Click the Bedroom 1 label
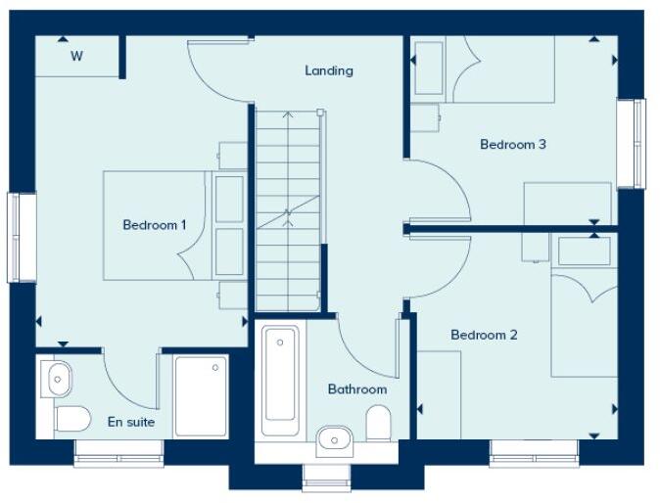(155, 225)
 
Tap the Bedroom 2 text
(484, 335)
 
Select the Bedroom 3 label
(512, 145)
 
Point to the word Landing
(328, 70)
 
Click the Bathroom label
(356, 389)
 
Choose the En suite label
(131, 423)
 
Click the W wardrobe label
(75, 56)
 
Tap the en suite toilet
(71, 419)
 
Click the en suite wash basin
(57, 376)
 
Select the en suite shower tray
(201, 395)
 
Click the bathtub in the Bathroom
(280, 381)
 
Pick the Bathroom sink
(335, 435)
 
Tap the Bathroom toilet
(378, 423)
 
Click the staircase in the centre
(288, 210)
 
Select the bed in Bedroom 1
(157, 226)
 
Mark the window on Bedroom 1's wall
(22, 238)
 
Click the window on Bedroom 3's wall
(632, 143)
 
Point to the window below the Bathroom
(326, 477)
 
